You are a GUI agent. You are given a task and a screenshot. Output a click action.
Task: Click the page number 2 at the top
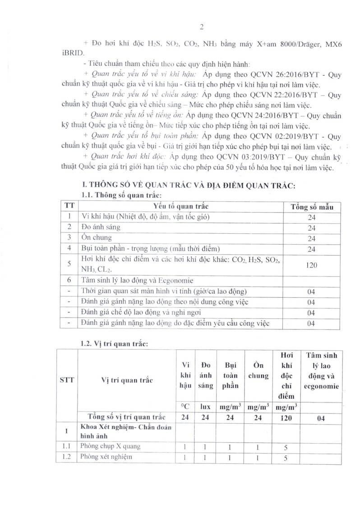tap(202, 27)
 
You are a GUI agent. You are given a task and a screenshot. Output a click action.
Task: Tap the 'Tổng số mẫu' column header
tap(312, 206)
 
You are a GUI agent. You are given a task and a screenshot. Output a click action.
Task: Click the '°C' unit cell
tap(184, 406)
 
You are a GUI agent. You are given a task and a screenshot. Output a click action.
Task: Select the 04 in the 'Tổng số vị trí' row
tap(320, 418)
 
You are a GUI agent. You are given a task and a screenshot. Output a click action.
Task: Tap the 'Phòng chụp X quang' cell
tap(110, 446)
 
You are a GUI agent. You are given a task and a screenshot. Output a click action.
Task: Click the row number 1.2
tap(67, 458)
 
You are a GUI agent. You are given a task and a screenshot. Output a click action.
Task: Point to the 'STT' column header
tap(66, 380)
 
